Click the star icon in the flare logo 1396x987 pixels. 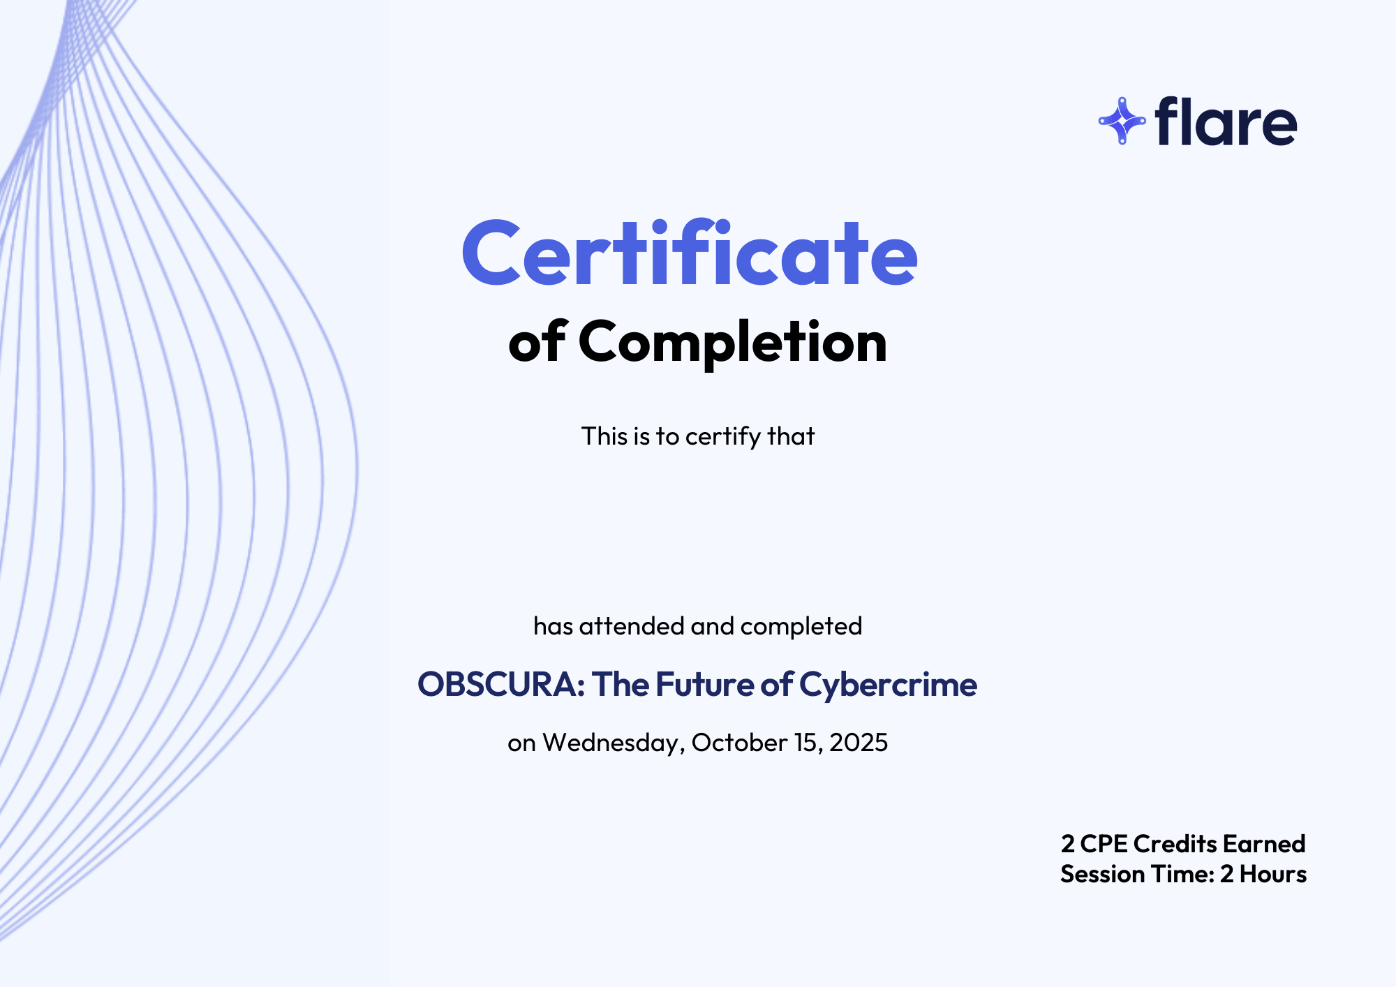pos(1122,121)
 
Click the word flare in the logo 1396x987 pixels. pos(1226,121)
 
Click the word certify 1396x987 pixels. pos(723,437)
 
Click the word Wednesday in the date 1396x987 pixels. pos(611,743)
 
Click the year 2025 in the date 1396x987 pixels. pos(859,743)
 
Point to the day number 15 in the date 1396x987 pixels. pos(808,743)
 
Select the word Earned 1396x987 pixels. pos(1264,844)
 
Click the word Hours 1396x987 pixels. pos(1273,874)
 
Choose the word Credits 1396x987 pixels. pos(1175,844)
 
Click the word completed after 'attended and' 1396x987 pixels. pos(801,627)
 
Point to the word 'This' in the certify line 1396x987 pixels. pos(604,436)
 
